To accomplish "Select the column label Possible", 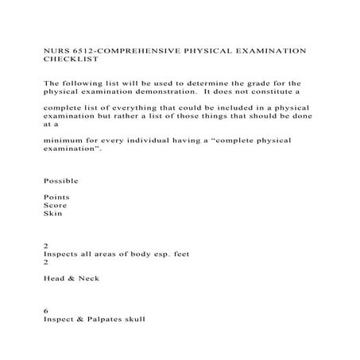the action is (61, 180).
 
